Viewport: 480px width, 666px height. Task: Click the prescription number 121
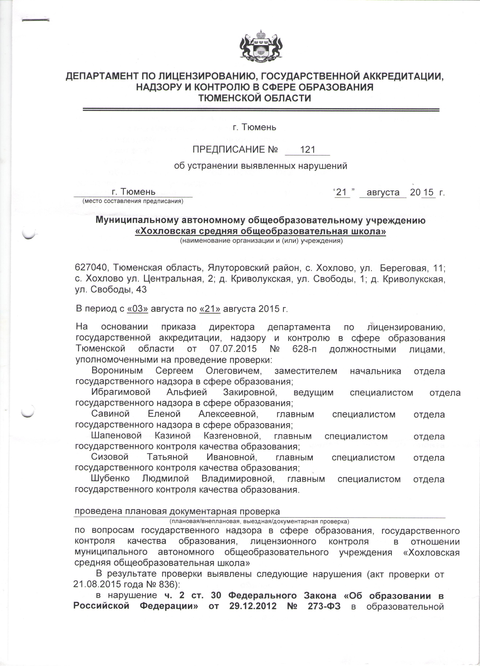click(x=308, y=150)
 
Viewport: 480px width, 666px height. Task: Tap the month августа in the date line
click(x=383, y=192)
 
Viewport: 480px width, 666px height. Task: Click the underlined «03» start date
click(x=137, y=309)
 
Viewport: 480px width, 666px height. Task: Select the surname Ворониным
click(x=117, y=371)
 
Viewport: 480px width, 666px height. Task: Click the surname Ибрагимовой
click(x=121, y=392)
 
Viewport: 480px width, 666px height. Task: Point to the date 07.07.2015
click(x=233, y=349)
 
